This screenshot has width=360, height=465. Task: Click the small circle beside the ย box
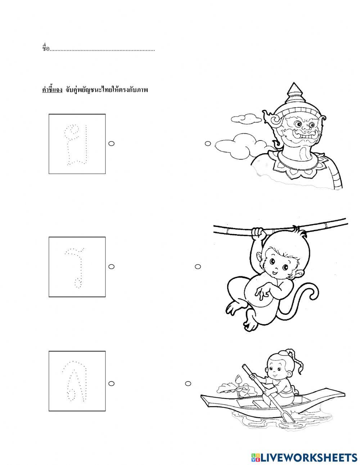point(111,144)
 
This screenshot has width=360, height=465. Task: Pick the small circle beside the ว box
point(111,267)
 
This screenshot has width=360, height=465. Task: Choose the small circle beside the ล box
point(111,384)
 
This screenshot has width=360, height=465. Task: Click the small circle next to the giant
point(208,144)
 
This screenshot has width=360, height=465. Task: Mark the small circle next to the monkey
point(198,267)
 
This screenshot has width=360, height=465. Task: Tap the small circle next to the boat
point(188,384)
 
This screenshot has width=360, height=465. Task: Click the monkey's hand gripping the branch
point(258,234)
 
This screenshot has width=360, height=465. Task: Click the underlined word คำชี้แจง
point(52,90)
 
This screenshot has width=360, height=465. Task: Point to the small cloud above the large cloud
point(246,119)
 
